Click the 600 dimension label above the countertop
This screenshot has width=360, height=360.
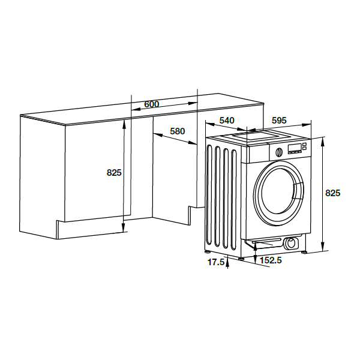[x=152, y=104]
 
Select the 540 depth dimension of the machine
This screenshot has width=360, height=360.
[x=227, y=121]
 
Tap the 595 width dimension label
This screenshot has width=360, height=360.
[x=279, y=121]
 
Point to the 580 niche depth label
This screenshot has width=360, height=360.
[x=177, y=131]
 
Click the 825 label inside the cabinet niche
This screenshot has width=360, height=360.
[x=114, y=172]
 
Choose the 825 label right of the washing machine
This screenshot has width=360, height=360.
[x=332, y=193]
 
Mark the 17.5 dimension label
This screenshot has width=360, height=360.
[x=215, y=262]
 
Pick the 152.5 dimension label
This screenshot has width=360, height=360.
[x=271, y=260]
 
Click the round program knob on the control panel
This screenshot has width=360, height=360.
[x=279, y=152]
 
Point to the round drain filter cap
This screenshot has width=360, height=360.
[x=291, y=243]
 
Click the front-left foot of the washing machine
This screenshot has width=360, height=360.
[x=241, y=259]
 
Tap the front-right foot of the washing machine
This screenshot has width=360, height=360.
[x=305, y=253]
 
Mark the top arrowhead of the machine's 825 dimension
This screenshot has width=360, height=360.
[x=323, y=142]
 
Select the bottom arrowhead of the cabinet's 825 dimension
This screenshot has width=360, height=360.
[x=124, y=227]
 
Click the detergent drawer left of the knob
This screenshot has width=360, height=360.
[x=258, y=154]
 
